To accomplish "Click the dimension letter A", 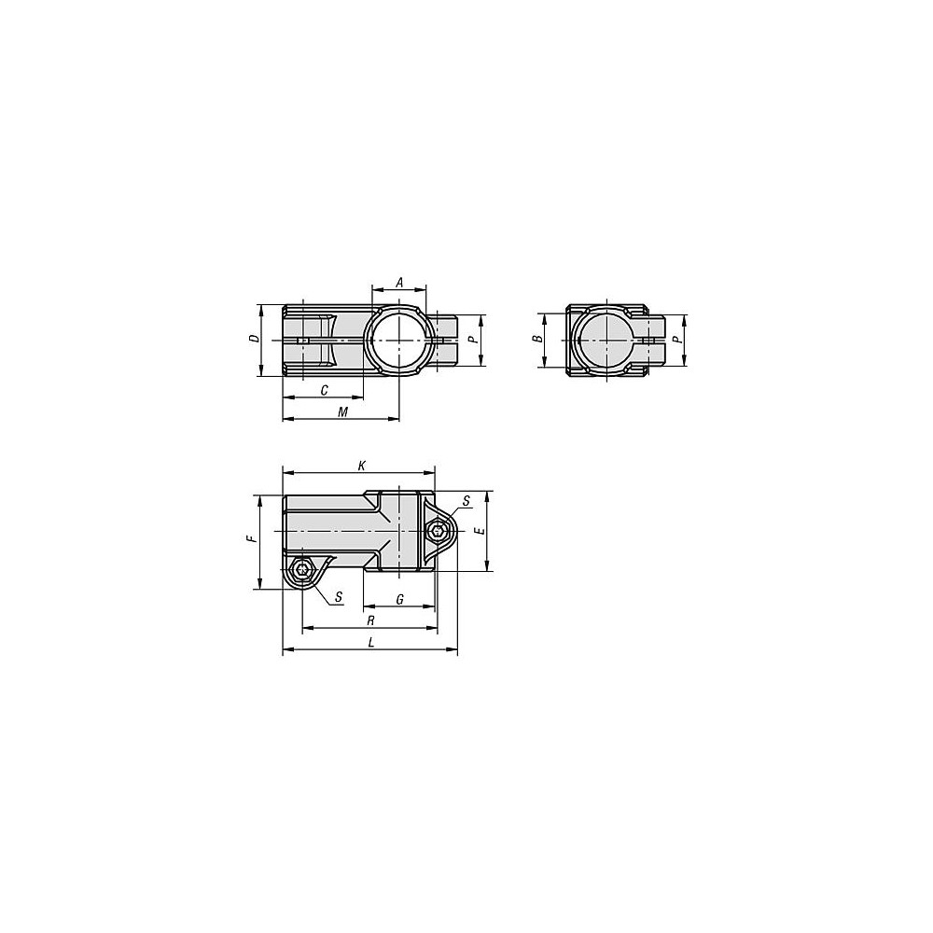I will [x=399, y=282].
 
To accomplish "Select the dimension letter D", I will [x=253, y=340].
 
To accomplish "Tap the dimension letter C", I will [x=323, y=389].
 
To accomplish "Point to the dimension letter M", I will [x=342, y=411].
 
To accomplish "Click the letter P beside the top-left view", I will [x=472, y=341].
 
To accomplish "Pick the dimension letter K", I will [x=361, y=465].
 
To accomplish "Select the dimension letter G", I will [x=399, y=599].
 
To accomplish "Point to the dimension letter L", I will [x=370, y=643].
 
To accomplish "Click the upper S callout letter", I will [x=466, y=502].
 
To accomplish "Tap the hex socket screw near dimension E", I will [x=439, y=531].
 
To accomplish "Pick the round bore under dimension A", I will [x=399, y=341].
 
